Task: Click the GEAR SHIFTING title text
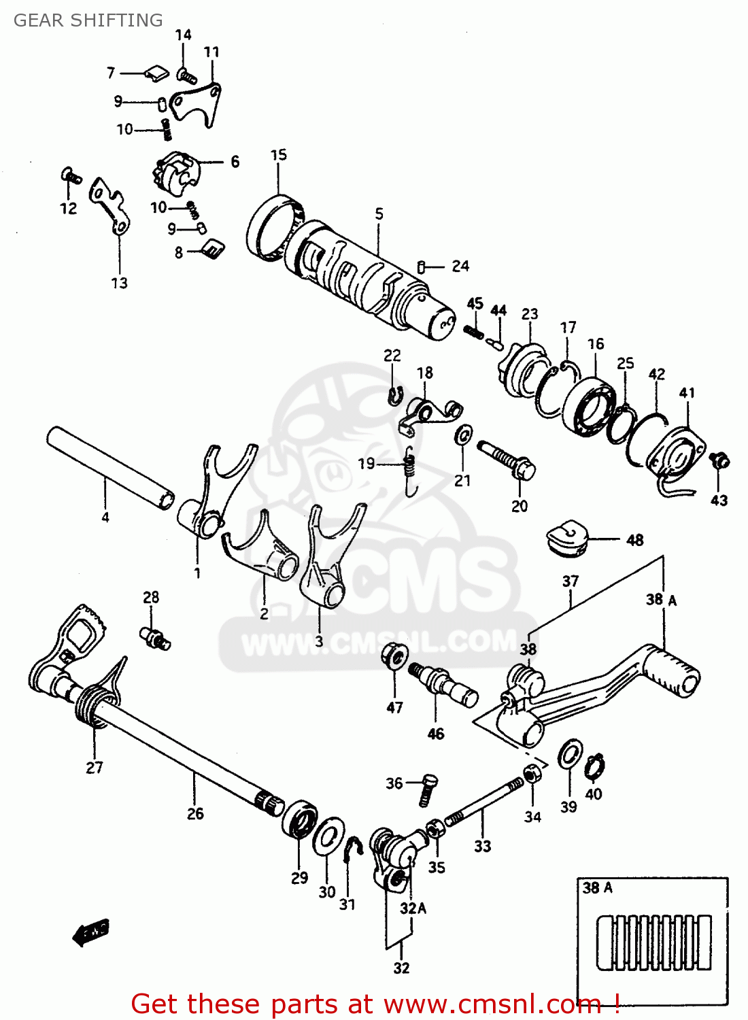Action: (x=88, y=20)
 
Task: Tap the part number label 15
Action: (x=279, y=155)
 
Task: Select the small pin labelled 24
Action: (x=422, y=267)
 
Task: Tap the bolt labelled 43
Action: (x=720, y=461)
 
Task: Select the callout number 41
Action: (x=687, y=392)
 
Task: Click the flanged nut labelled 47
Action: (x=394, y=655)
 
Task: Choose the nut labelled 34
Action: (x=532, y=774)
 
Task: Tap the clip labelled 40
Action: (x=595, y=766)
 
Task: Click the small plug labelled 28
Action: (x=155, y=637)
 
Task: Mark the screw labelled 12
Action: (x=70, y=176)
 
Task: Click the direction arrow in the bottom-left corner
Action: (x=90, y=932)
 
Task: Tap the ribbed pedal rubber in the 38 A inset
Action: (x=654, y=942)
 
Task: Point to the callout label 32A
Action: (x=413, y=908)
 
